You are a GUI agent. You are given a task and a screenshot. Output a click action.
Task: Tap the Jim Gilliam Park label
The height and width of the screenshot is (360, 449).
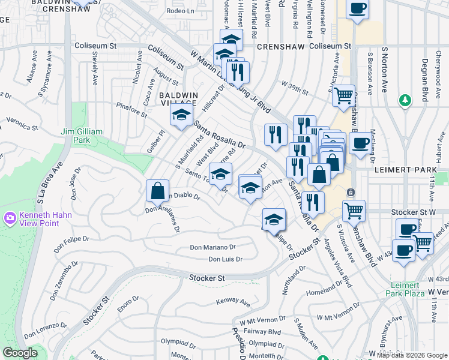pyautogui.click(x=82, y=136)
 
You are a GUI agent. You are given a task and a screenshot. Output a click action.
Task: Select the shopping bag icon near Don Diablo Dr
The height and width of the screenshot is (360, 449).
pyautogui.click(x=157, y=191)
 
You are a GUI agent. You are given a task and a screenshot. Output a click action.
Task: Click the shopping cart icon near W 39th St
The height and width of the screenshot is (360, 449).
pyautogui.click(x=343, y=95)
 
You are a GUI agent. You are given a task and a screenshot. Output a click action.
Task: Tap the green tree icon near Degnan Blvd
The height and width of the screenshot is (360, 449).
pyautogui.click(x=406, y=100)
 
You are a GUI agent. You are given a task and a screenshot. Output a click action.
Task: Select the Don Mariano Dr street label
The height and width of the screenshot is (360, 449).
pyautogui.click(x=213, y=247)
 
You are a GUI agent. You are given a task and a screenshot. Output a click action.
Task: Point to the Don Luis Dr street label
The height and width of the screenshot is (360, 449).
pyautogui.click(x=225, y=259)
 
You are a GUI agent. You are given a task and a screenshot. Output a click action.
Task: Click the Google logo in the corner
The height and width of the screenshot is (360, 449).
pyautogui.click(x=20, y=353)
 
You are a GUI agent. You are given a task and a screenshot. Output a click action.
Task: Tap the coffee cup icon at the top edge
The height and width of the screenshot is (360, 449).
pyautogui.click(x=358, y=9)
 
